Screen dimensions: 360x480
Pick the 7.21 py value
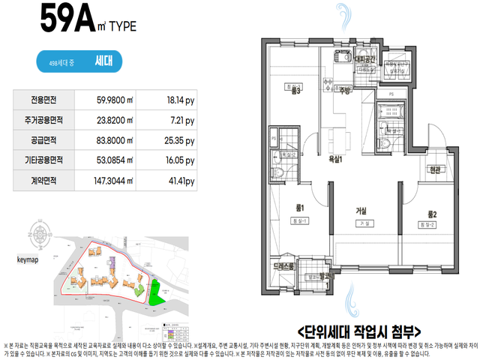point(180,120)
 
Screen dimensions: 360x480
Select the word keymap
point(28,259)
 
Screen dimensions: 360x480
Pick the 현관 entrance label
point(436,170)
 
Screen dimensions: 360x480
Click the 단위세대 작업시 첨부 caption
point(360,331)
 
